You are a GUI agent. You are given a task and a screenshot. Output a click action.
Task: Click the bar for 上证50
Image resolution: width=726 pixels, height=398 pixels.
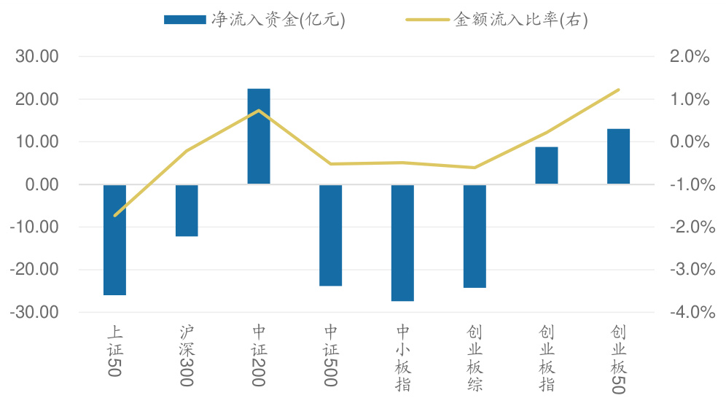click(114, 240)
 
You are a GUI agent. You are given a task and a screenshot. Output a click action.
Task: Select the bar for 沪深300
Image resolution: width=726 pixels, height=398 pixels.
click(187, 211)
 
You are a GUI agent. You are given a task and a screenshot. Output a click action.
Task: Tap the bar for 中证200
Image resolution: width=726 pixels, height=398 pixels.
click(259, 136)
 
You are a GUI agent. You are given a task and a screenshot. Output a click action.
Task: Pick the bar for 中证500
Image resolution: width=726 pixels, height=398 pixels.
click(331, 235)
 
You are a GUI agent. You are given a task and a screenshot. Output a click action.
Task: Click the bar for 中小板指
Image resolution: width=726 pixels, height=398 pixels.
click(402, 243)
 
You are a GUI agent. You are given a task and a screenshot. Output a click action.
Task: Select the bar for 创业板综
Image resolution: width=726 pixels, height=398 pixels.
click(475, 236)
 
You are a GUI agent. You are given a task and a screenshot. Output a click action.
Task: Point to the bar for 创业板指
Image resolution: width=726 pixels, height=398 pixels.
click(547, 165)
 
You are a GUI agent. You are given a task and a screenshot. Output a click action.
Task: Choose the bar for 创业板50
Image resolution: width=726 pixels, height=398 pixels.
click(618, 157)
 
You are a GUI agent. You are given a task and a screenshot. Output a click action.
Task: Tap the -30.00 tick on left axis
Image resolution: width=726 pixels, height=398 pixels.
click(34, 312)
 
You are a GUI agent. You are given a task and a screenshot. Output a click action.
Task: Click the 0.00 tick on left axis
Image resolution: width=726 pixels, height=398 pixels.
click(42, 184)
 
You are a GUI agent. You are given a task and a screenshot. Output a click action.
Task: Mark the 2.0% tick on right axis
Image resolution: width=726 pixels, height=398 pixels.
click(689, 57)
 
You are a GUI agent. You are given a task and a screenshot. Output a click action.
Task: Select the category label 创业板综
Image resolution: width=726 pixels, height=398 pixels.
click(475, 358)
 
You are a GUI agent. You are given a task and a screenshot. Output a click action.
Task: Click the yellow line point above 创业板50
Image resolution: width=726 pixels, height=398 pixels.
click(618, 90)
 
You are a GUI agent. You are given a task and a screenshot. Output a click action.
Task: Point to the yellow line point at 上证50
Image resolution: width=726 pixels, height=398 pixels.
click(114, 216)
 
